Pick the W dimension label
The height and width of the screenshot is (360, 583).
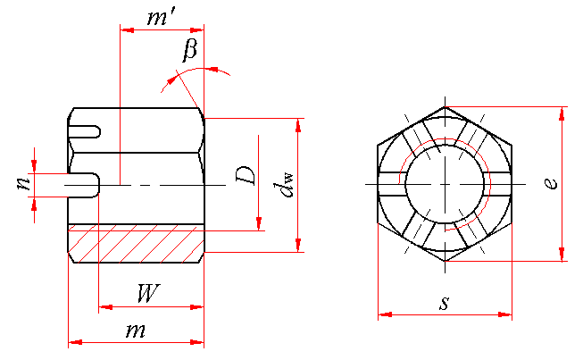149,292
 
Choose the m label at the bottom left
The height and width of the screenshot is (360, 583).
136,330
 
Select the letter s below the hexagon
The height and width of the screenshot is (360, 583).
444,303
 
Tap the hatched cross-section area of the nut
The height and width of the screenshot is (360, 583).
134,243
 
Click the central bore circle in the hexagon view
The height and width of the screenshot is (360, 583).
446,184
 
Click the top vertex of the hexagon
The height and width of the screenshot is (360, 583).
446,107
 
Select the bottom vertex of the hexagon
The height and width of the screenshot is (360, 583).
446,262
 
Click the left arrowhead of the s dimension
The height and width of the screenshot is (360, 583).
384,314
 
